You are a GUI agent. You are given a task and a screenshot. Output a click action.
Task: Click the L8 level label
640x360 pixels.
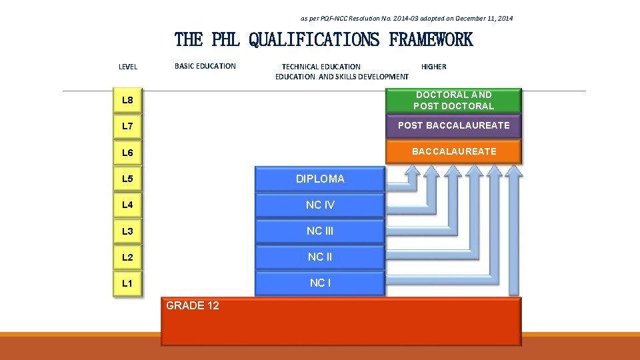click(x=127, y=101)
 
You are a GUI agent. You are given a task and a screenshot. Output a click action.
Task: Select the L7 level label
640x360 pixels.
click(x=127, y=127)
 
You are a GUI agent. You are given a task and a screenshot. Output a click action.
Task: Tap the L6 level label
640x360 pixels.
click(x=127, y=153)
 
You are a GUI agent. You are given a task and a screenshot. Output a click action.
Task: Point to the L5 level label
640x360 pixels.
click(x=127, y=179)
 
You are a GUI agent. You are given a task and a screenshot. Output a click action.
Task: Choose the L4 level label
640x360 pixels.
click(x=127, y=205)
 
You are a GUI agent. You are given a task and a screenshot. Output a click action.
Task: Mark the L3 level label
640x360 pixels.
click(x=127, y=231)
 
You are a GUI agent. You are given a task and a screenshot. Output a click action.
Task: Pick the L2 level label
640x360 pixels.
click(x=127, y=257)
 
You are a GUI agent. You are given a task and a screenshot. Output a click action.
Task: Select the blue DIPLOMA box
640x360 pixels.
click(x=320, y=179)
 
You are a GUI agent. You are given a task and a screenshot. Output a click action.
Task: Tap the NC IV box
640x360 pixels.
click(x=320, y=205)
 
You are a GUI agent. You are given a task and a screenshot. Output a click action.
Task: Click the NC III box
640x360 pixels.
click(x=320, y=231)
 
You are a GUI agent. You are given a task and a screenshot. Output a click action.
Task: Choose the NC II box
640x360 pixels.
click(x=320, y=257)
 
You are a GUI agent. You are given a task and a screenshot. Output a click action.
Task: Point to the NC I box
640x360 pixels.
click(x=320, y=283)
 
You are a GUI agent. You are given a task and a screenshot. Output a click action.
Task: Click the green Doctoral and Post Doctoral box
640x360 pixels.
click(x=454, y=101)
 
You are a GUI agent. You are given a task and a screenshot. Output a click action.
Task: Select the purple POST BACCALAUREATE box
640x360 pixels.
click(x=454, y=125)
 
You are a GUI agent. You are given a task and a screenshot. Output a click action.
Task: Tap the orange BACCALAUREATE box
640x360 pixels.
click(x=454, y=151)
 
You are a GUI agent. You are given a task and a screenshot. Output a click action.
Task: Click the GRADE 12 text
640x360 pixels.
click(x=192, y=305)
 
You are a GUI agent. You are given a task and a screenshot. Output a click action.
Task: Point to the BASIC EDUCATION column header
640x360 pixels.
click(x=205, y=66)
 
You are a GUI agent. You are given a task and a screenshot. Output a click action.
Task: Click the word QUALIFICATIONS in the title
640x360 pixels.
click(x=314, y=40)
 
